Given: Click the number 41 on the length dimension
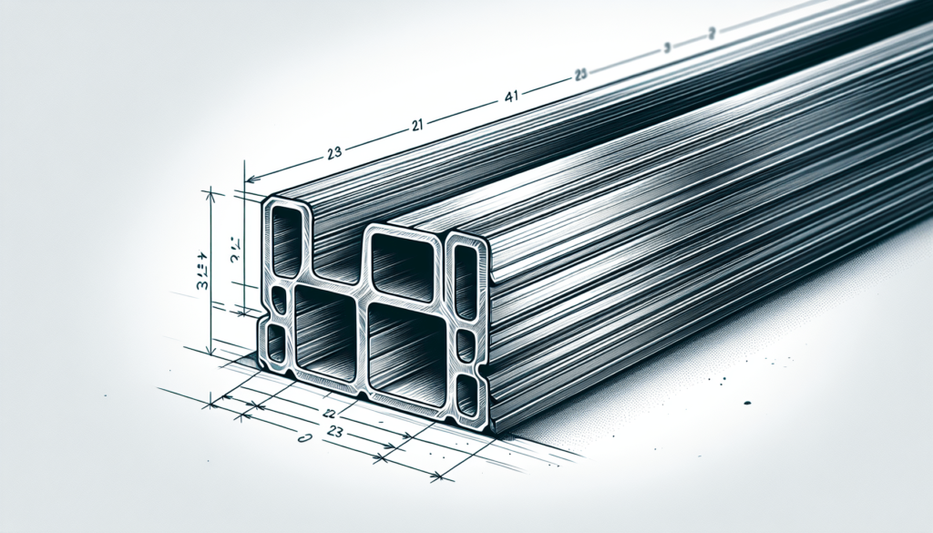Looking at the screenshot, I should pos(512,95).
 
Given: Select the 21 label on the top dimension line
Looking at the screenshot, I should pos(417,125).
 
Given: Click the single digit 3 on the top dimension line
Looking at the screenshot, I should pos(667,47).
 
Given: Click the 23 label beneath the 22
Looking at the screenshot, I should pos(333,433).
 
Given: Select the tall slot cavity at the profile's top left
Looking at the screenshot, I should pos(286,240).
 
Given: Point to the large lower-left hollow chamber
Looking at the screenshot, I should pos(323,331).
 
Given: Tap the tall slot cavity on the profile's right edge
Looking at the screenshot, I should pos(465,282).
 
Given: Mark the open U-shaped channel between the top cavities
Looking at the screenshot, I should pos(339,255).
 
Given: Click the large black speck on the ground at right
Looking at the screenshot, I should pos(746,402).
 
